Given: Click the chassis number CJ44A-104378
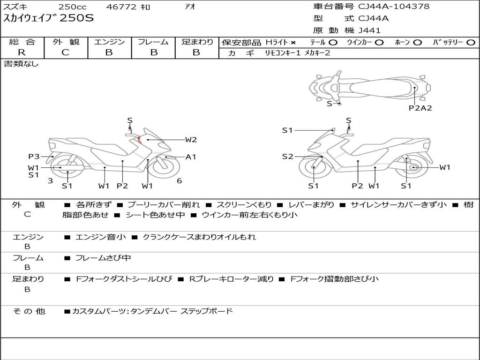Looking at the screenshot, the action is coord(394,7).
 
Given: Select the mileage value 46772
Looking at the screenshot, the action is coord(121,7).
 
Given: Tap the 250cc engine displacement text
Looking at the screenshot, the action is coord(73,7).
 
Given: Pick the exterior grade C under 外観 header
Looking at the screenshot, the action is coord(65,52).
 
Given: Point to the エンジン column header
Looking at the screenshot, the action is coord(109,42).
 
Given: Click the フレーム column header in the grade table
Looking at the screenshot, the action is coord(153,42).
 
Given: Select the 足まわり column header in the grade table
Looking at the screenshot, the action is coord(197,42).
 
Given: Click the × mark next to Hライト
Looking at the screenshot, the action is coord(293,43).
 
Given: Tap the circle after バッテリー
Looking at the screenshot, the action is coord(470,43).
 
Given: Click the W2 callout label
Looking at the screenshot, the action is coord(191,139).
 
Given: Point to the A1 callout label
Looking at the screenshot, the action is coord(191,157).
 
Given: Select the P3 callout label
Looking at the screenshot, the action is coord(33,157).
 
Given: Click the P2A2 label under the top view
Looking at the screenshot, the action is coord(420,108).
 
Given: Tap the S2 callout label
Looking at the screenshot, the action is coord(287,157).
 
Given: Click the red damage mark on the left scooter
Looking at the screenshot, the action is coord(140,139).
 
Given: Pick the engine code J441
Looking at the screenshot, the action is coord(369,30).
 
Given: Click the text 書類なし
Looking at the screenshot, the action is coord(21,64).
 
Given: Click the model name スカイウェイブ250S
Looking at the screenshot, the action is coord(49,19).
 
